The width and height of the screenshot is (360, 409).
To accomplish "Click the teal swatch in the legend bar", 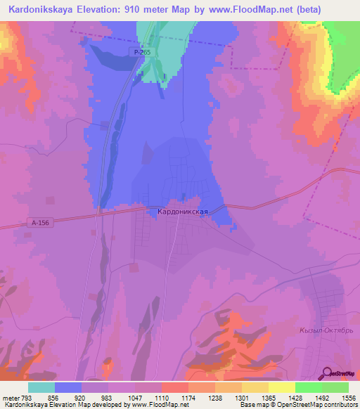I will pos(41,387).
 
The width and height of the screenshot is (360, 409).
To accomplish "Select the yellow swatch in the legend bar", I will pos(281,387).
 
